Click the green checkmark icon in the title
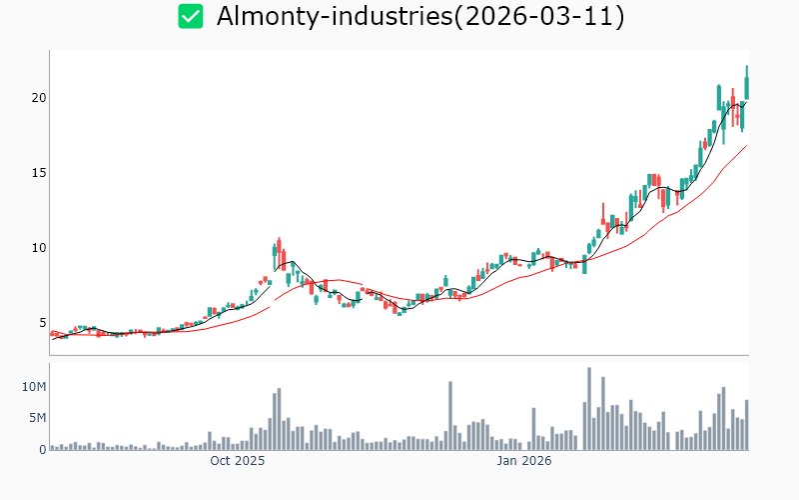[x=190, y=16]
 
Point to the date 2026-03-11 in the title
[x=538, y=16]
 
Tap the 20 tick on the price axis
[x=37, y=98]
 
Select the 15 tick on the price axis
[x=37, y=173]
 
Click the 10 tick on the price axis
[x=37, y=248]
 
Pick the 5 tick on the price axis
[x=41, y=323]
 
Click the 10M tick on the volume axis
[x=34, y=387]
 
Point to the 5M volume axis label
[x=37, y=418]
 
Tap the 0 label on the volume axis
[x=42, y=449]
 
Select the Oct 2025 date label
[x=238, y=462]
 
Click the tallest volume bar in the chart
[x=589, y=409]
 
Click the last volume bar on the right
[x=746, y=425]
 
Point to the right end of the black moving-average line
[x=746, y=101]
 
